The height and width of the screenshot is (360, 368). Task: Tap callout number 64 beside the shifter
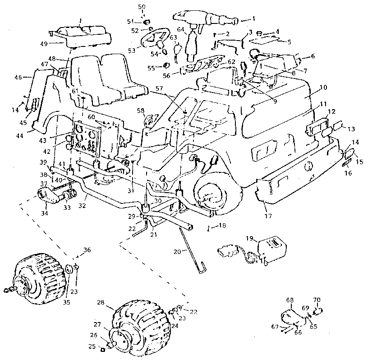pyautogui.click(x=180, y=30)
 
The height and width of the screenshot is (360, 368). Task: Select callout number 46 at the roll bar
pyautogui.click(x=18, y=78)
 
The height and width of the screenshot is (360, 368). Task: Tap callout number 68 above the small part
pyautogui.click(x=290, y=299)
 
